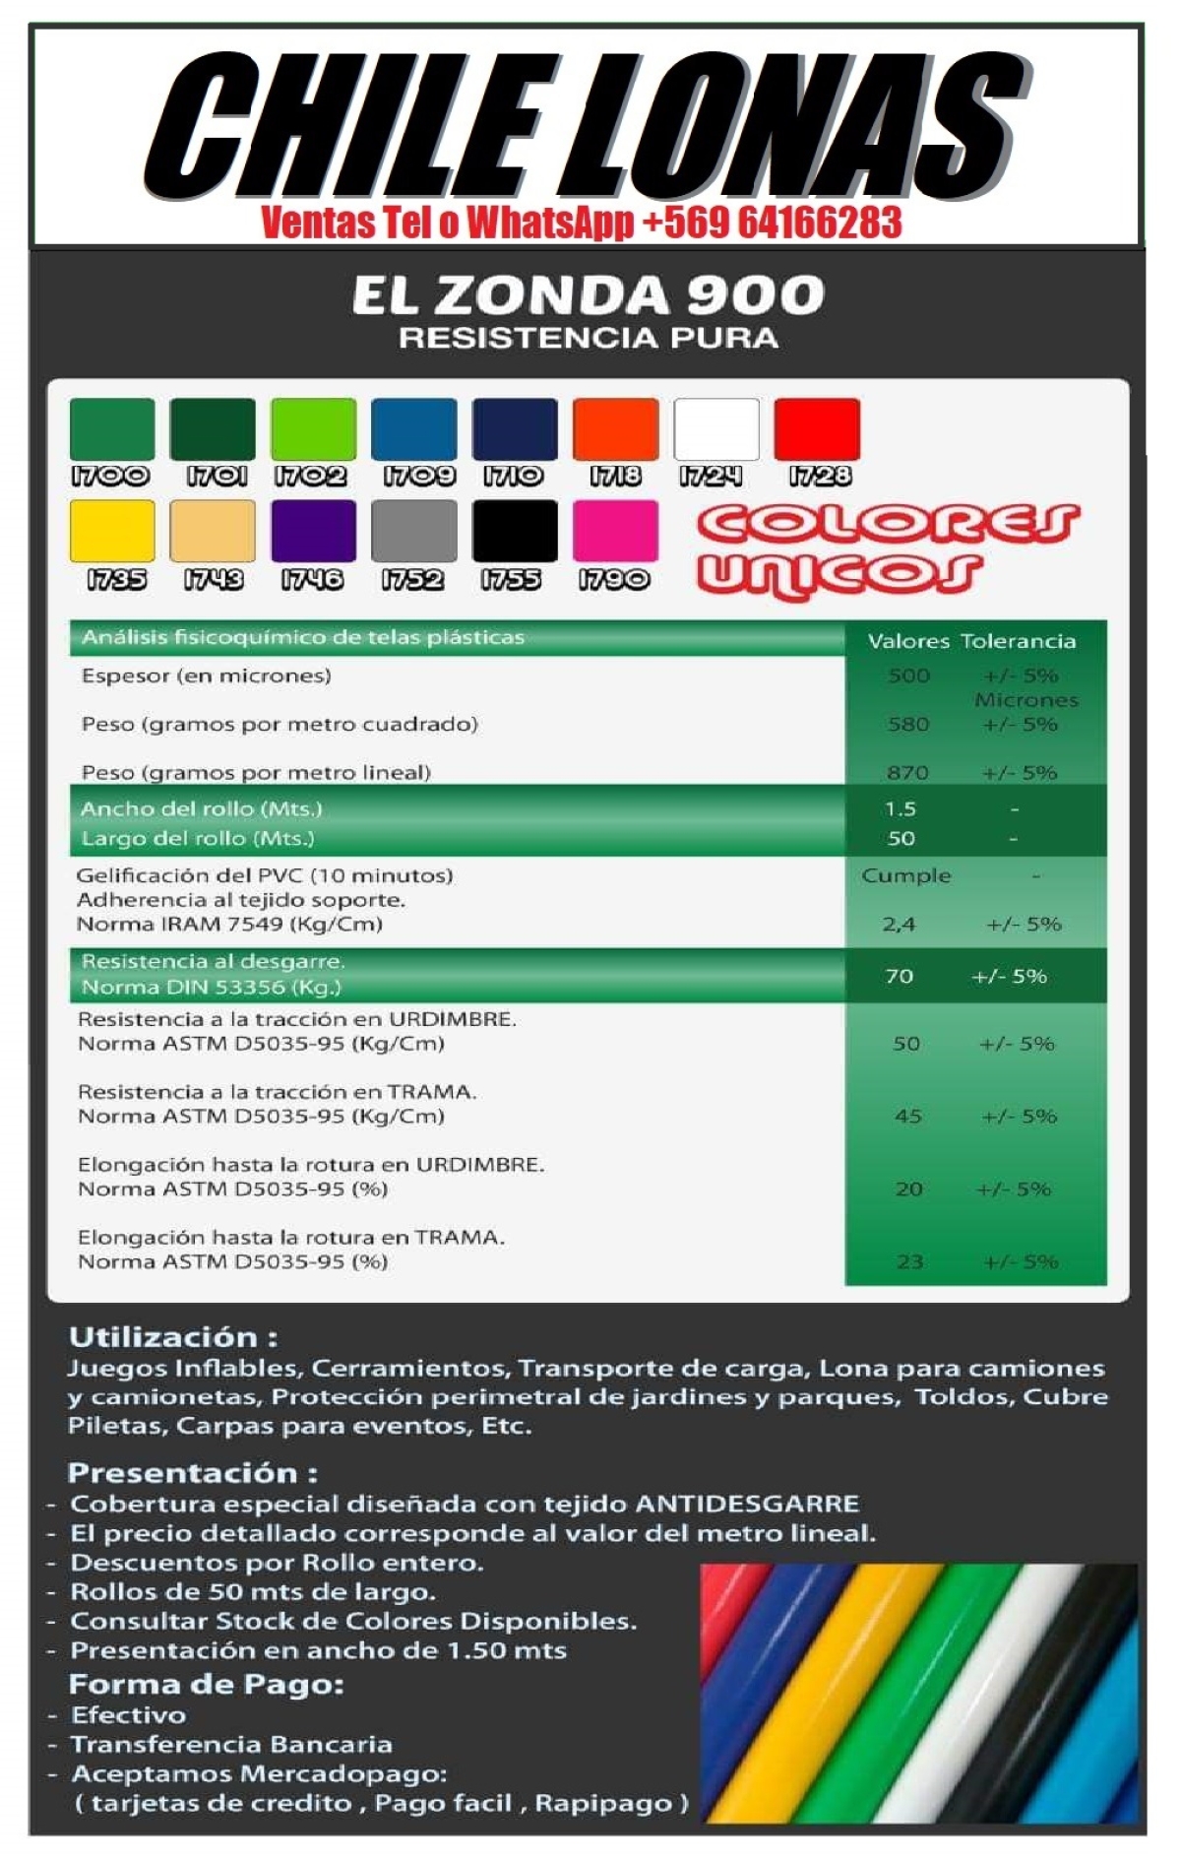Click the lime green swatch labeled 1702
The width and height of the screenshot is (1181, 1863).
[x=313, y=429]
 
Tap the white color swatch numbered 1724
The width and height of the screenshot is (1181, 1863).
[x=716, y=429]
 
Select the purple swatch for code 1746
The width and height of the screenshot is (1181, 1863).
[x=313, y=531]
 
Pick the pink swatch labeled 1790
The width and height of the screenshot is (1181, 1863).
[x=615, y=531]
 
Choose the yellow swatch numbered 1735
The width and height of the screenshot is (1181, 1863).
[x=112, y=531]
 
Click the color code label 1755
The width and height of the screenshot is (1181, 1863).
[x=512, y=579]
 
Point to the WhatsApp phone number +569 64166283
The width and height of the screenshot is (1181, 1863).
[x=772, y=223]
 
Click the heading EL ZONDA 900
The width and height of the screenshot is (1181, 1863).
[x=589, y=295]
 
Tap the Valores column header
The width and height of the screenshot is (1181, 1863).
[x=907, y=641]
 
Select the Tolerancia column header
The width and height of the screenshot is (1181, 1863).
[x=1019, y=641]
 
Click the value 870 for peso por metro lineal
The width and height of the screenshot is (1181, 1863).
[x=907, y=773]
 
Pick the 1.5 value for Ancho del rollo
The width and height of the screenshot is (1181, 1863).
[x=901, y=809]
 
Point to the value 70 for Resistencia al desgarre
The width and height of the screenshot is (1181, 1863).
[x=900, y=976]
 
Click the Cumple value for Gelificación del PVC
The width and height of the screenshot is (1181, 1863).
[x=906, y=875]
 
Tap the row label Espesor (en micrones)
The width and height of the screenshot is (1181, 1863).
[x=207, y=675]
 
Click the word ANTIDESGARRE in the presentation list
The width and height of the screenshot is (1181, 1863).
[x=748, y=1504]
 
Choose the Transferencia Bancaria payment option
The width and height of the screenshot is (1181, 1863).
[x=232, y=1744]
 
